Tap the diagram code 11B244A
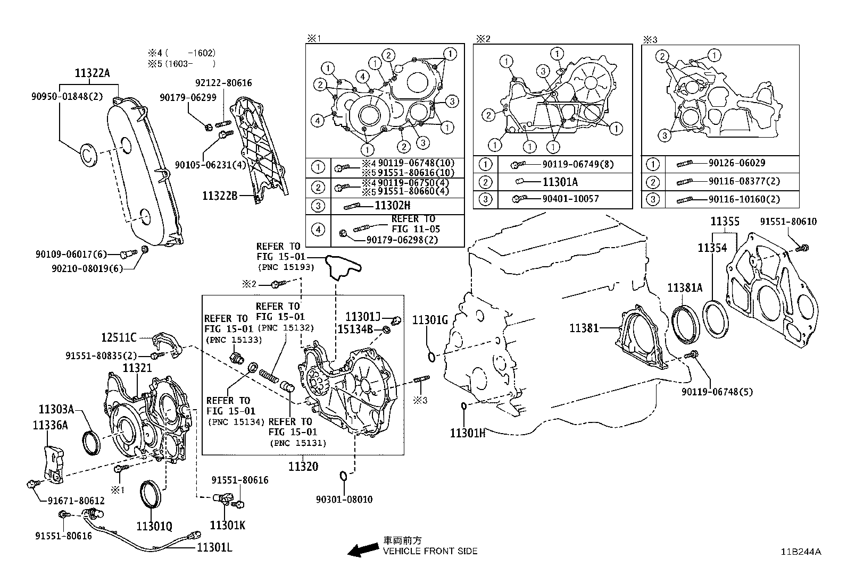[801, 552]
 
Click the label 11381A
[685, 288]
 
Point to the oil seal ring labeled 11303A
[91, 444]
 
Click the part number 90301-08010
[344, 500]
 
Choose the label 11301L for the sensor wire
[214, 547]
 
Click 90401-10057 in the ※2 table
[570, 199]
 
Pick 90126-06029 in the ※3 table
[736, 164]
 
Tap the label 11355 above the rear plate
[725, 222]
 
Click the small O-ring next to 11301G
[431, 356]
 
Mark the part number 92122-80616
[223, 83]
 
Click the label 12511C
[119, 337]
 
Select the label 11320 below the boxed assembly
[303, 467]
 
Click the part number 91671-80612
[76, 501]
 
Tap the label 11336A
[50, 425]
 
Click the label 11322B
[219, 196]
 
